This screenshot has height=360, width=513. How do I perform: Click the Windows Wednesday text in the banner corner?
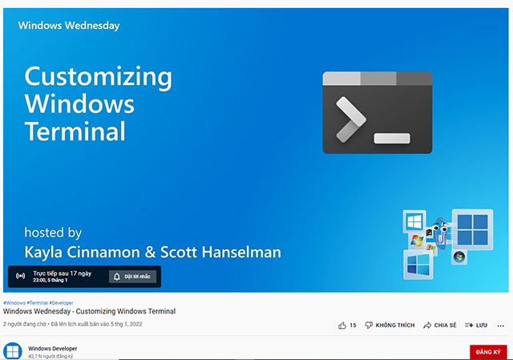point(69,26)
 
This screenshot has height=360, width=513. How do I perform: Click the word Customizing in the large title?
point(98,77)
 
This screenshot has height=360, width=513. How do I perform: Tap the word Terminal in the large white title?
point(75,131)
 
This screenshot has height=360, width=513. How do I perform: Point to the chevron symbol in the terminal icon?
point(351,119)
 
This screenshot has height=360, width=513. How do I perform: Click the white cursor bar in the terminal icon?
point(392,138)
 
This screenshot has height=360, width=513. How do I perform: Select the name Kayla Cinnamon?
point(82,252)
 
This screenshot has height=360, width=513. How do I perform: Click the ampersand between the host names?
point(150,252)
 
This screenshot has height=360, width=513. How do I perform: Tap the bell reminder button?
point(132,277)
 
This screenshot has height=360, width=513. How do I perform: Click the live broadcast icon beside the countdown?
point(20,276)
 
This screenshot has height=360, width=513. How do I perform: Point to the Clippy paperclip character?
point(441,233)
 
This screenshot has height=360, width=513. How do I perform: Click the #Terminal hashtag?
point(38,303)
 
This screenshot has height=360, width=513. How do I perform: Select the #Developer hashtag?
point(61,303)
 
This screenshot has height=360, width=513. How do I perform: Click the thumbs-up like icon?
point(342,326)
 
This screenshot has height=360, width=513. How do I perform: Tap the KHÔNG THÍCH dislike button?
point(390,325)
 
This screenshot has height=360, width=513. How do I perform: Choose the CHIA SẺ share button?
point(439,325)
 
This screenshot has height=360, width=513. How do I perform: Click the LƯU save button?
point(476,325)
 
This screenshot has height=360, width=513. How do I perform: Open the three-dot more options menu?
point(500,326)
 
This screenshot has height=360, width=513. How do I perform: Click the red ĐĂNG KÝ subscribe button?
point(488,352)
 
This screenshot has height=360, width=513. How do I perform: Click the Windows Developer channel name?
point(53,349)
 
